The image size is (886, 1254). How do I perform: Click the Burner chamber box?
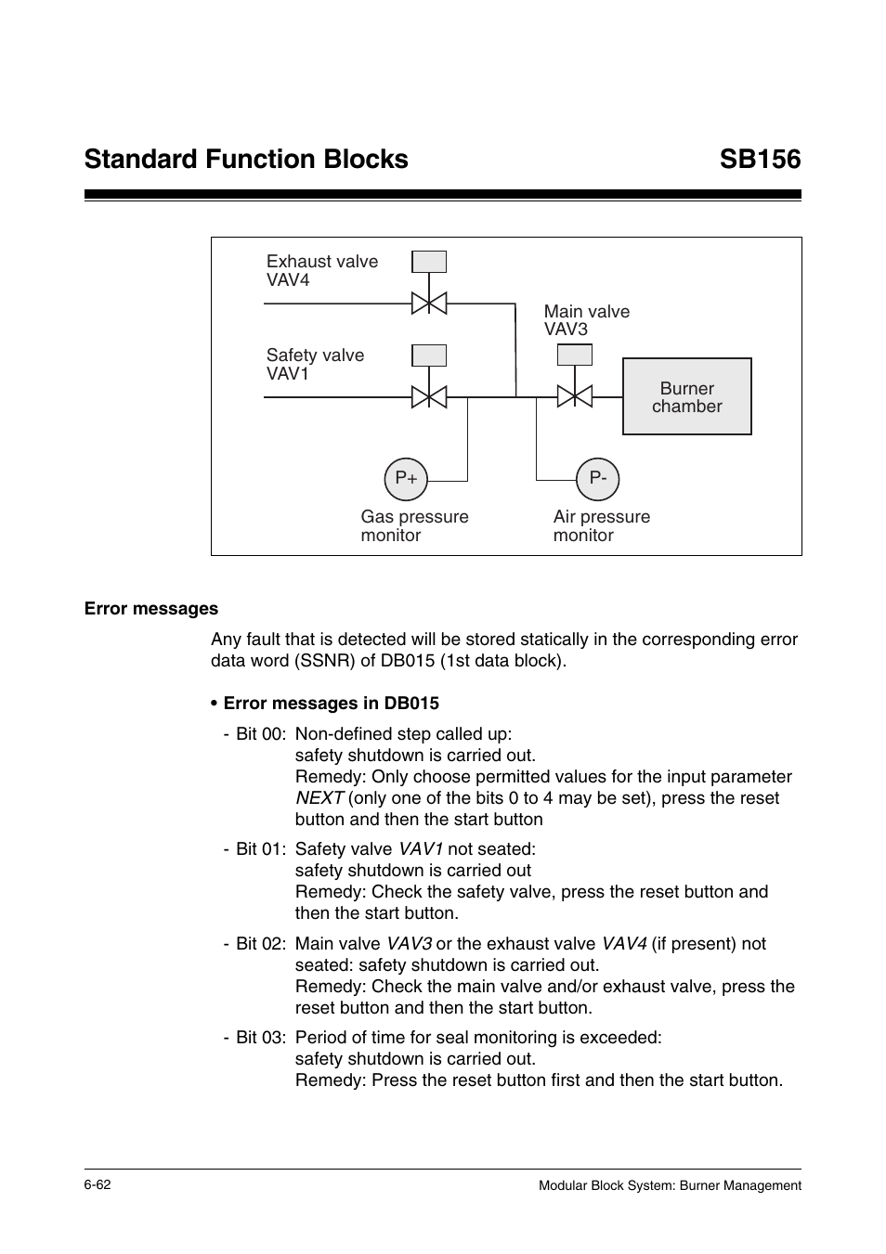686,396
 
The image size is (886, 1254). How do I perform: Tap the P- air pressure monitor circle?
597,479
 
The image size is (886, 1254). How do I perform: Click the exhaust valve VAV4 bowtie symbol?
429,303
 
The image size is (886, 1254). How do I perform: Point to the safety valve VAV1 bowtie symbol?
429,396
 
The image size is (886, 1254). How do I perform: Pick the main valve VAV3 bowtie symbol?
574,396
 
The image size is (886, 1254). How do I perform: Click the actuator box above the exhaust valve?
429,262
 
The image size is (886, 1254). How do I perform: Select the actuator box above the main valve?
574,355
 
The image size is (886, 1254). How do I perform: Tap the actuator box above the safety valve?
429,356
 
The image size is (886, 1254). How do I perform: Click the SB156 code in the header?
759,160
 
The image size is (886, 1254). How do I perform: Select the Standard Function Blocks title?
246,160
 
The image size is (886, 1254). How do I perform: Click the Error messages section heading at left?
151,609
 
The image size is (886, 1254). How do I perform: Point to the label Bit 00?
261,734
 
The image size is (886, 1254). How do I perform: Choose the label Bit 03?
261,1038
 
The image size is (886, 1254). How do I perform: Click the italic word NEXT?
319,798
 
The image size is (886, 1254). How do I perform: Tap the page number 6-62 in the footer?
98,1185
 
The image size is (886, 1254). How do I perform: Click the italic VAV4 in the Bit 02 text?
624,944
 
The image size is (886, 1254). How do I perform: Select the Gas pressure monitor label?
414,526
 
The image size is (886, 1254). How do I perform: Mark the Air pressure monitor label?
601,526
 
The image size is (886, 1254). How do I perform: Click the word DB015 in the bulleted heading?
408,704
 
